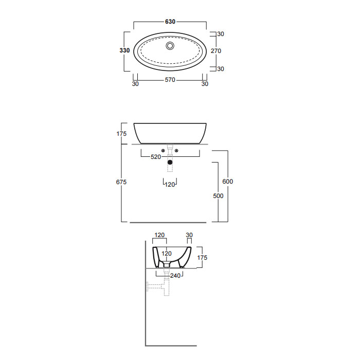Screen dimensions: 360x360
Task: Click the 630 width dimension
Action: [170, 22]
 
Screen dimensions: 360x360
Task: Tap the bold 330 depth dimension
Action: [124, 50]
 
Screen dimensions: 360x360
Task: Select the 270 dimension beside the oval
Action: [216, 51]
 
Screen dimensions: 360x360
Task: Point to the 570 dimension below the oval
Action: [170, 80]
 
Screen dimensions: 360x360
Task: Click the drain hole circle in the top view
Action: [170, 46]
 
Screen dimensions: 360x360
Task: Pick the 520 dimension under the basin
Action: [156, 157]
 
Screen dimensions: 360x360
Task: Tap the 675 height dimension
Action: [121, 182]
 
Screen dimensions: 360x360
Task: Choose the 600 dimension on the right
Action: [227, 182]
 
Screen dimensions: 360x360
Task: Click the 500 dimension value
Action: [218, 196]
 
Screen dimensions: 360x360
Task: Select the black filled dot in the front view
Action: [170, 163]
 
